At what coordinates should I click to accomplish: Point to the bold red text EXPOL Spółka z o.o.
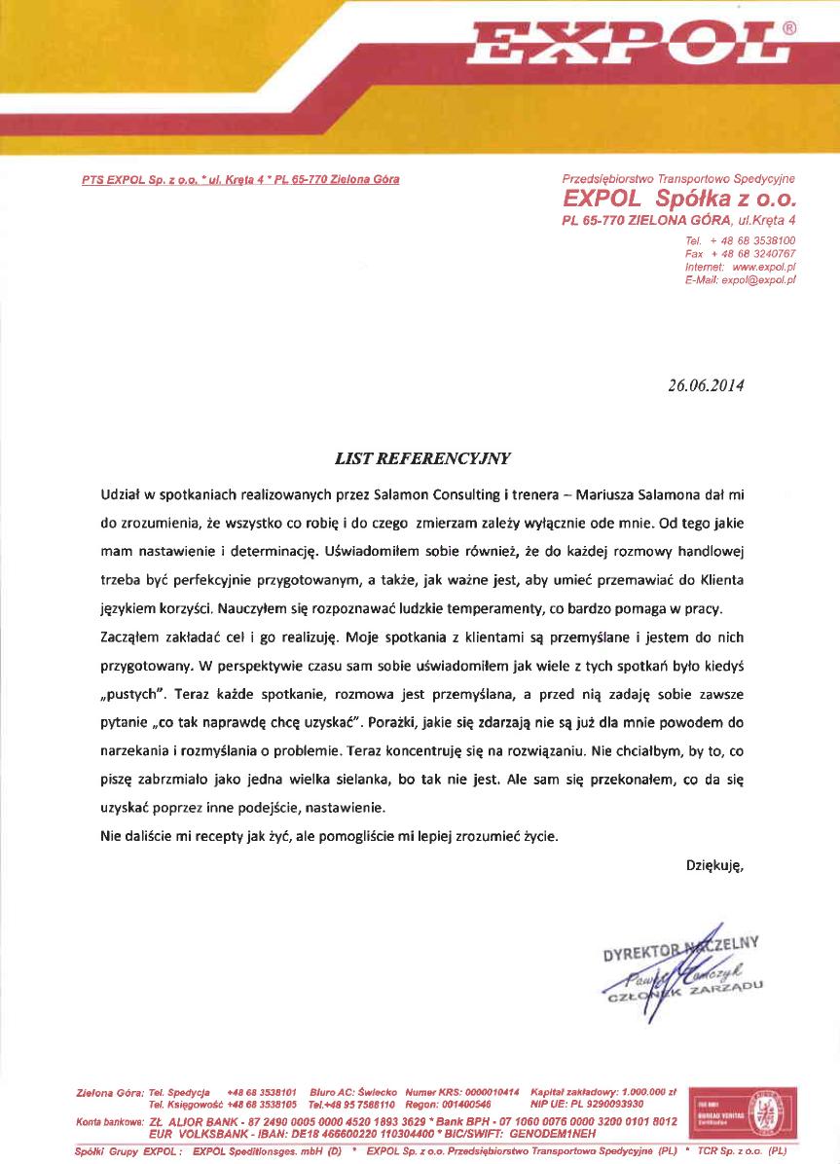coord(679,200)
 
